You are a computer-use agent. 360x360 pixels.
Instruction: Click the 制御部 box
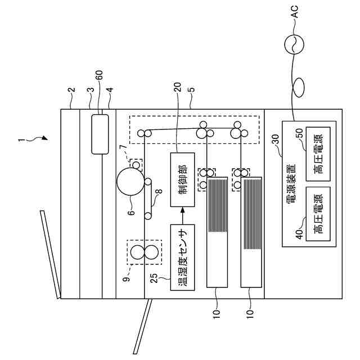[x=182, y=181]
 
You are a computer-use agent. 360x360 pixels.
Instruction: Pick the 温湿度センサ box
[x=182, y=257]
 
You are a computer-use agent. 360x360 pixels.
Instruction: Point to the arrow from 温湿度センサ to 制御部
[x=182, y=217]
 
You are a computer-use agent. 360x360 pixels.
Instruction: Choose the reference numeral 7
[x=122, y=147]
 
